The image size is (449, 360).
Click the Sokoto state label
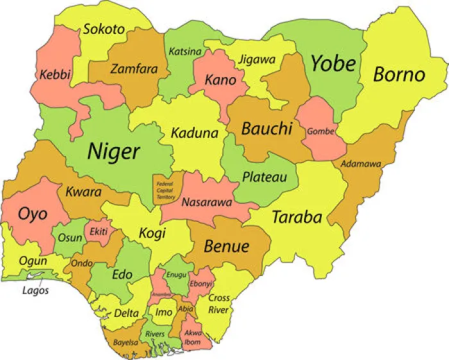tap(103, 29)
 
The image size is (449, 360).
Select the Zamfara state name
tap(133, 69)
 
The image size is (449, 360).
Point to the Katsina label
tap(184, 51)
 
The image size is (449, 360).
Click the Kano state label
tap(220, 80)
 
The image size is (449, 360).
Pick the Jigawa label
tap(257, 60)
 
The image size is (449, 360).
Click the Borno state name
tap(399, 74)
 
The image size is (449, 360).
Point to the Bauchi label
tap(267, 128)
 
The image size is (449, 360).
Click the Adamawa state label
tap(360, 164)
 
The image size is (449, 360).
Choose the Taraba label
tap(296, 217)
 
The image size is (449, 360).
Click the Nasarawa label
tap(207, 202)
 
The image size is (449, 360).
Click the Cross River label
tap(219, 304)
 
